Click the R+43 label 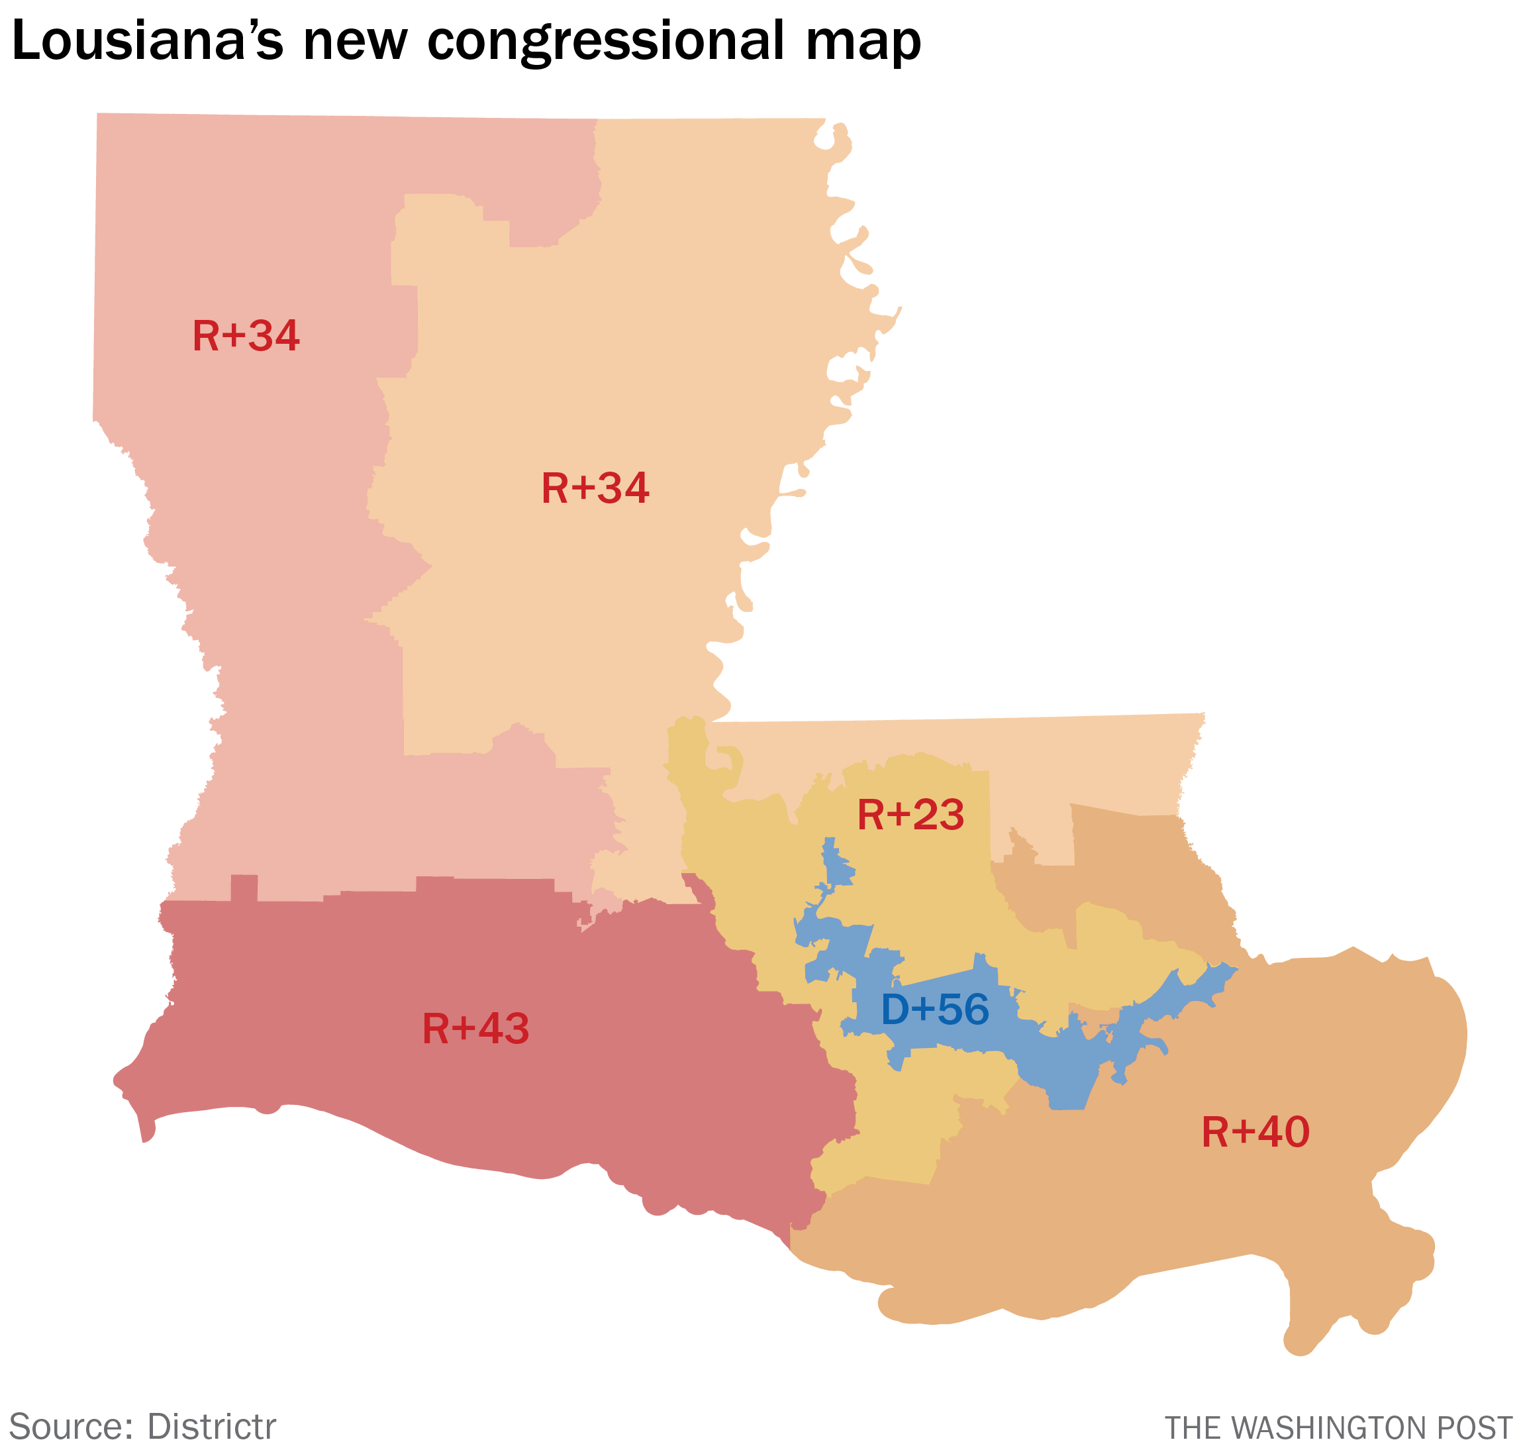tap(475, 1029)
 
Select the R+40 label tap(1255, 1131)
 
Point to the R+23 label tap(910, 815)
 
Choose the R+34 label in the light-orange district tap(595, 488)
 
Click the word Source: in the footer tap(70, 1426)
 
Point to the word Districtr tap(211, 1426)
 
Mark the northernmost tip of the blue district tap(830, 840)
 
